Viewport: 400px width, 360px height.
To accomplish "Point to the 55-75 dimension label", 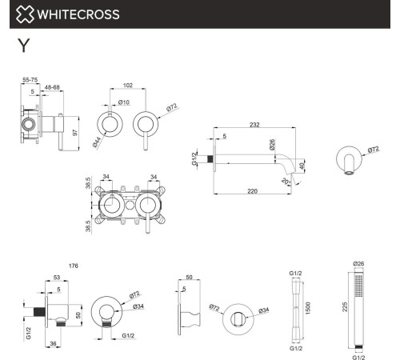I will [30, 82].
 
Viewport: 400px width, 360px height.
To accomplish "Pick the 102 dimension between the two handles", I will [127, 85].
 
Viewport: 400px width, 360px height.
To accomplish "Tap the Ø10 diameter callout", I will [125, 102].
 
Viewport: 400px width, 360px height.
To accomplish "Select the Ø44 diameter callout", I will [96, 142].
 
